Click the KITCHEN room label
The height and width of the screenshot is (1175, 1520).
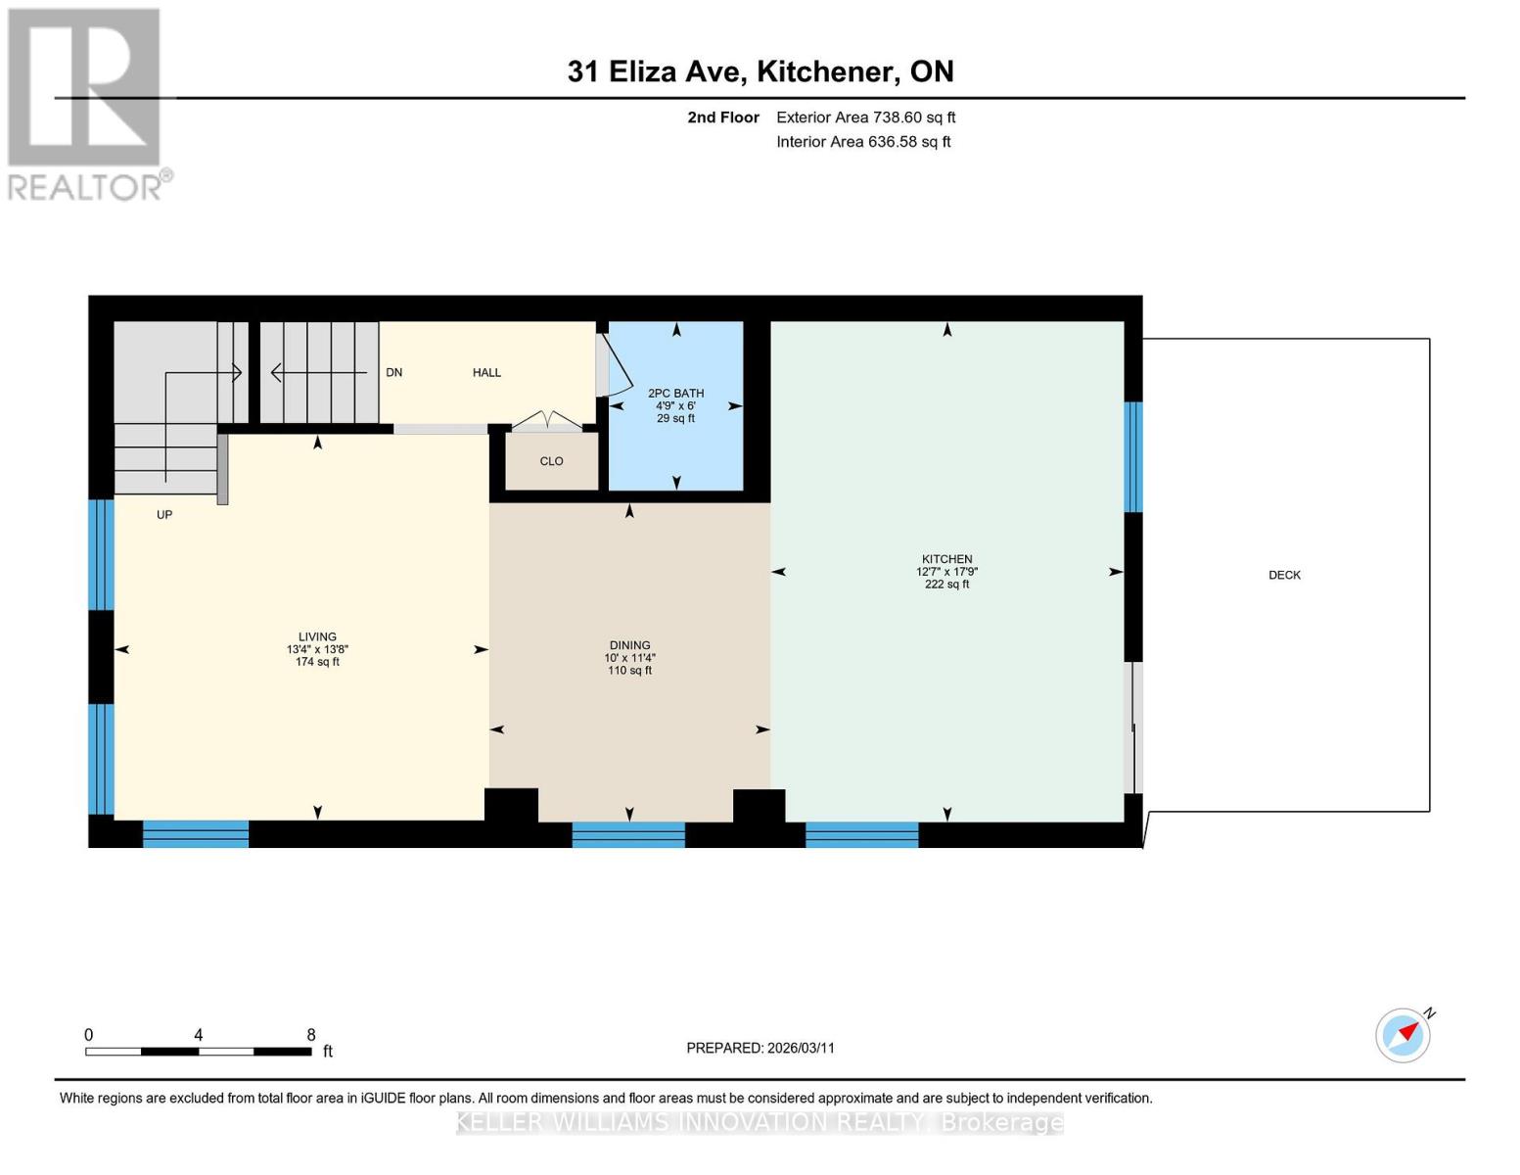[x=945, y=559]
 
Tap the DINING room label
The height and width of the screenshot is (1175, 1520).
[x=629, y=645]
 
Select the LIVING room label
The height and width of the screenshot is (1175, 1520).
[x=317, y=636]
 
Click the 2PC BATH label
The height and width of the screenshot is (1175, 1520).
[x=675, y=394]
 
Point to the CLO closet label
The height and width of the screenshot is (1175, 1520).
[x=551, y=461]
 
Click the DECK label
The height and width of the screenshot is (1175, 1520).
[x=1284, y=575]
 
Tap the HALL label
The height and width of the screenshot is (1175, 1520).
[x=486, y=372]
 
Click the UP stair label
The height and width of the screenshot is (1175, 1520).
[x=164, y=515]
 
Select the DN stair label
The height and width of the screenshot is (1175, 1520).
[x=394, y=372]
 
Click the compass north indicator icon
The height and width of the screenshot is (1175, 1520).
[x=1404, y=1034]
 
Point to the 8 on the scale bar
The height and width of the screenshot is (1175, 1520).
[x=311, y=1035]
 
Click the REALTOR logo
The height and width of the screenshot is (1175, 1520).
[x=86, y=103]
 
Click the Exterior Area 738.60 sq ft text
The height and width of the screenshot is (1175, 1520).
[x=865, y=117]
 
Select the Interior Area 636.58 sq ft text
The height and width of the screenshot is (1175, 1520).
[x=863, y=142]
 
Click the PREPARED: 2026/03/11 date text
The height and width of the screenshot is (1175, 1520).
[x=760, y=1048]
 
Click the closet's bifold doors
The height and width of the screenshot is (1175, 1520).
[x=547, y=421]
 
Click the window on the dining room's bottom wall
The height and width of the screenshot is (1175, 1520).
[x=628, y=834]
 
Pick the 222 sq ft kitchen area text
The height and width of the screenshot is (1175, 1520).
[x=946, y=585]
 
